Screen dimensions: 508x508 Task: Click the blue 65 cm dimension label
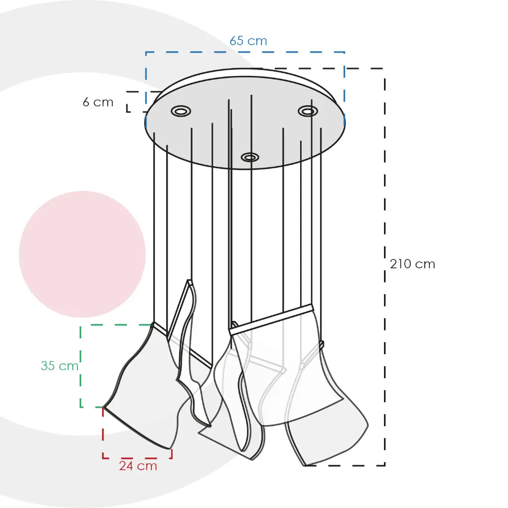(248, 41)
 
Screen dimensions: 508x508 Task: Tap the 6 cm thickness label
(98, 102)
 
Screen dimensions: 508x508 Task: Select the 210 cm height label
(412, 264)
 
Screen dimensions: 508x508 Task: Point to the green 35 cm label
(60, 366)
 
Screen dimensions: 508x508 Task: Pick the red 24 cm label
(138, 466)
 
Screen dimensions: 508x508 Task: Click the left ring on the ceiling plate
(181, 111)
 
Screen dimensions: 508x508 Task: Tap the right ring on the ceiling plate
(308, 111)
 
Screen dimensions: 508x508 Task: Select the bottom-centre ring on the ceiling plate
(250, 157)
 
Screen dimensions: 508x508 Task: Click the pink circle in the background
(82, 254)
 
